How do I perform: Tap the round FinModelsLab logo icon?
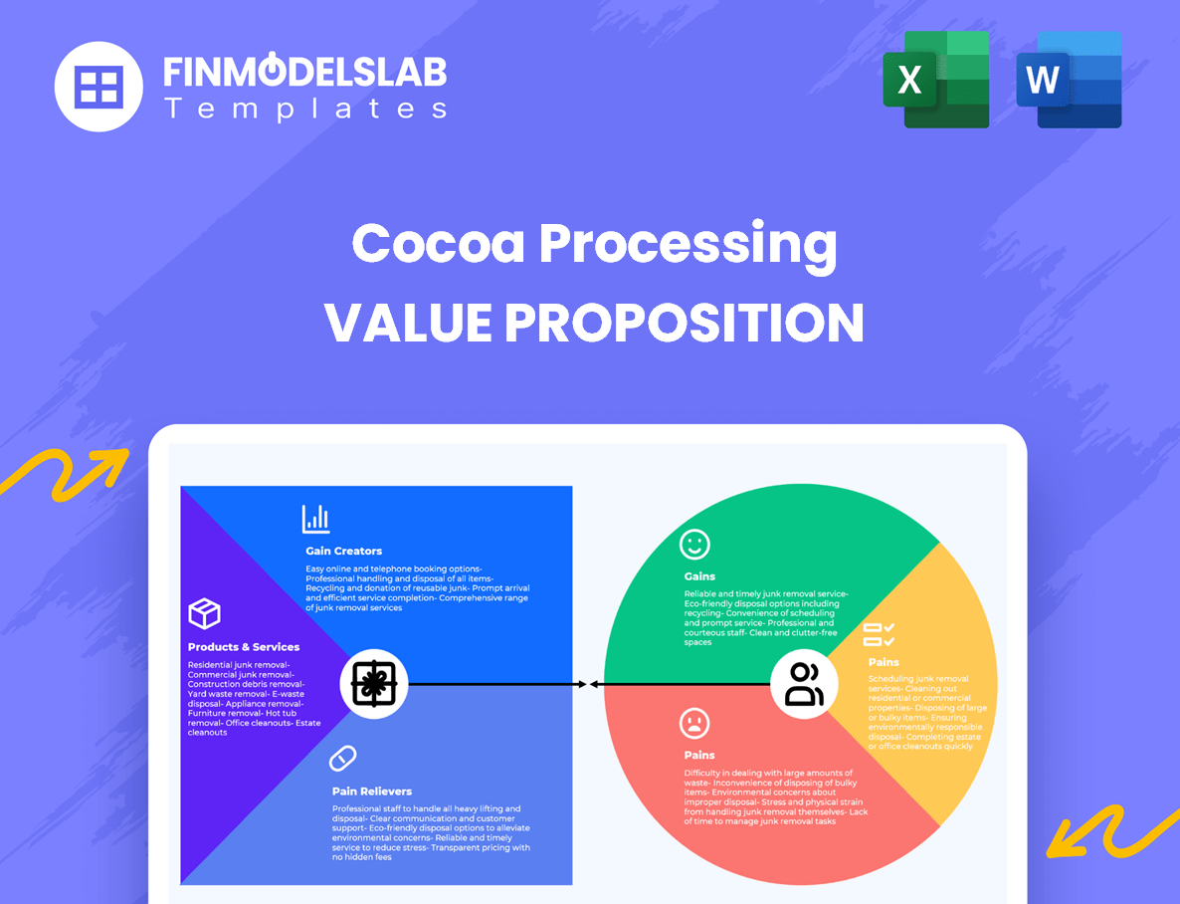(x=99, y=87)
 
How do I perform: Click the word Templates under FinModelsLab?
(x=305, y=109)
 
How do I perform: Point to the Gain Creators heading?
(x=343, y=551)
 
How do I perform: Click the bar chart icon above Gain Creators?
(x=316, y=519)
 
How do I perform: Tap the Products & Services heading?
(x=244, y=647)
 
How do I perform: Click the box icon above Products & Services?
(x=204, y=613)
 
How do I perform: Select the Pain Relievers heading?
(x=372, y=791)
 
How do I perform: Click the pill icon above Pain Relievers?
(x=342, y=759)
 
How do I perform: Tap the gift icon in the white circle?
(x=373, y=684)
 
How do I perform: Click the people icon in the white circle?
(x=804, y=684)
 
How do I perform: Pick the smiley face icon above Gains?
(x=694, y=544)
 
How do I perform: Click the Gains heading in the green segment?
(x=699, y=576)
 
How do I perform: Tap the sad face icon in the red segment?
(x=694, y=722)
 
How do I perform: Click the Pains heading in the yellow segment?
(x=884, y=662)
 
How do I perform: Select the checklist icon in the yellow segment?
(x=879, y=634)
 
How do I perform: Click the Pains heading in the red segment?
(x=699, y=755)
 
